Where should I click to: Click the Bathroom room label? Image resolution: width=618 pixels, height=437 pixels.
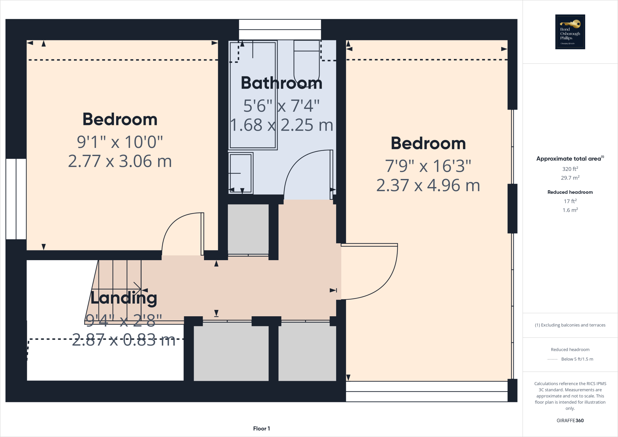click(x=281, y=83)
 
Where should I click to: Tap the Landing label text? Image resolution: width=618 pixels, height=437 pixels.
click(x=124, y=298)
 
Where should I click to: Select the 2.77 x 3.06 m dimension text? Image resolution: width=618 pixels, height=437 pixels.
click(x=120, y=161)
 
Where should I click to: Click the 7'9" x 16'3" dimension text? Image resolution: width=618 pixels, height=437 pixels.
click(x=428, y=166)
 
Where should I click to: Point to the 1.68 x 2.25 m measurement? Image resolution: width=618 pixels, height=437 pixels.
click(x=281, y=125)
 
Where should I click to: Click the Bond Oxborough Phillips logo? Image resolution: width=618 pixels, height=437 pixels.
click(x=570, y=32)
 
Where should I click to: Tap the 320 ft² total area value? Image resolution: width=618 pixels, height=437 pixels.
click(x=570, y=169)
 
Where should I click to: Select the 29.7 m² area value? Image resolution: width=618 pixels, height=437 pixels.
click(x=570, y=178)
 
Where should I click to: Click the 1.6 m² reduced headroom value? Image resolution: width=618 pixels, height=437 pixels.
click(x=570, y=210)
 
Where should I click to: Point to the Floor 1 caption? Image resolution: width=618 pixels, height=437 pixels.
click(x=261, y=429)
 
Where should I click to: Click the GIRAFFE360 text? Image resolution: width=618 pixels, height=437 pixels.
click(x=570, y=420)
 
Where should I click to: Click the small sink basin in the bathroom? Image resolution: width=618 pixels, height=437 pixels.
click(x=241, y=173)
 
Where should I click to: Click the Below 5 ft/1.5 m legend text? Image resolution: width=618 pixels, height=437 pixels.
click(x=577, y=359)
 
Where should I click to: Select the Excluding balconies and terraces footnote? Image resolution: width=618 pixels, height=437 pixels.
click(x=570, y=325)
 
